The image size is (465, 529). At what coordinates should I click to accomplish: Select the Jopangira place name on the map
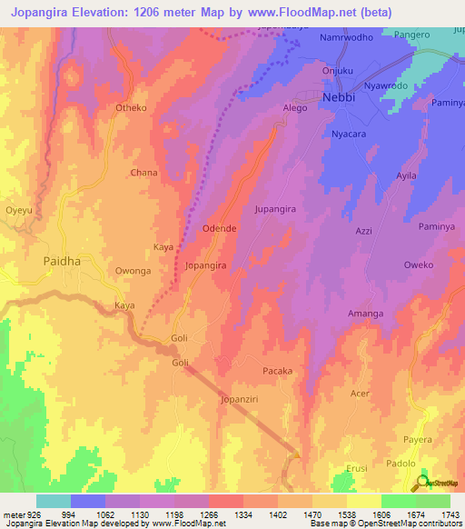tap(205, 266)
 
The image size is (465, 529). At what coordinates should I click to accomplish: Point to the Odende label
tap(220, 228)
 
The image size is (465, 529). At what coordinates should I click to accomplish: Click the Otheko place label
tap(132, 108)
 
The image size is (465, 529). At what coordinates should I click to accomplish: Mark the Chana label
tap(144, 172)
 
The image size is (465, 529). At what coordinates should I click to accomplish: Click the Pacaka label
tap(277, 371)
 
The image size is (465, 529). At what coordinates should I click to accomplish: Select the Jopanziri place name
tap(241, 399)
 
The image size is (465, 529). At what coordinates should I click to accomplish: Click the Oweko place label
tap(419, 265)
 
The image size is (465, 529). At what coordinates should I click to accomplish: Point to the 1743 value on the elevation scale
tap(450, 514)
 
